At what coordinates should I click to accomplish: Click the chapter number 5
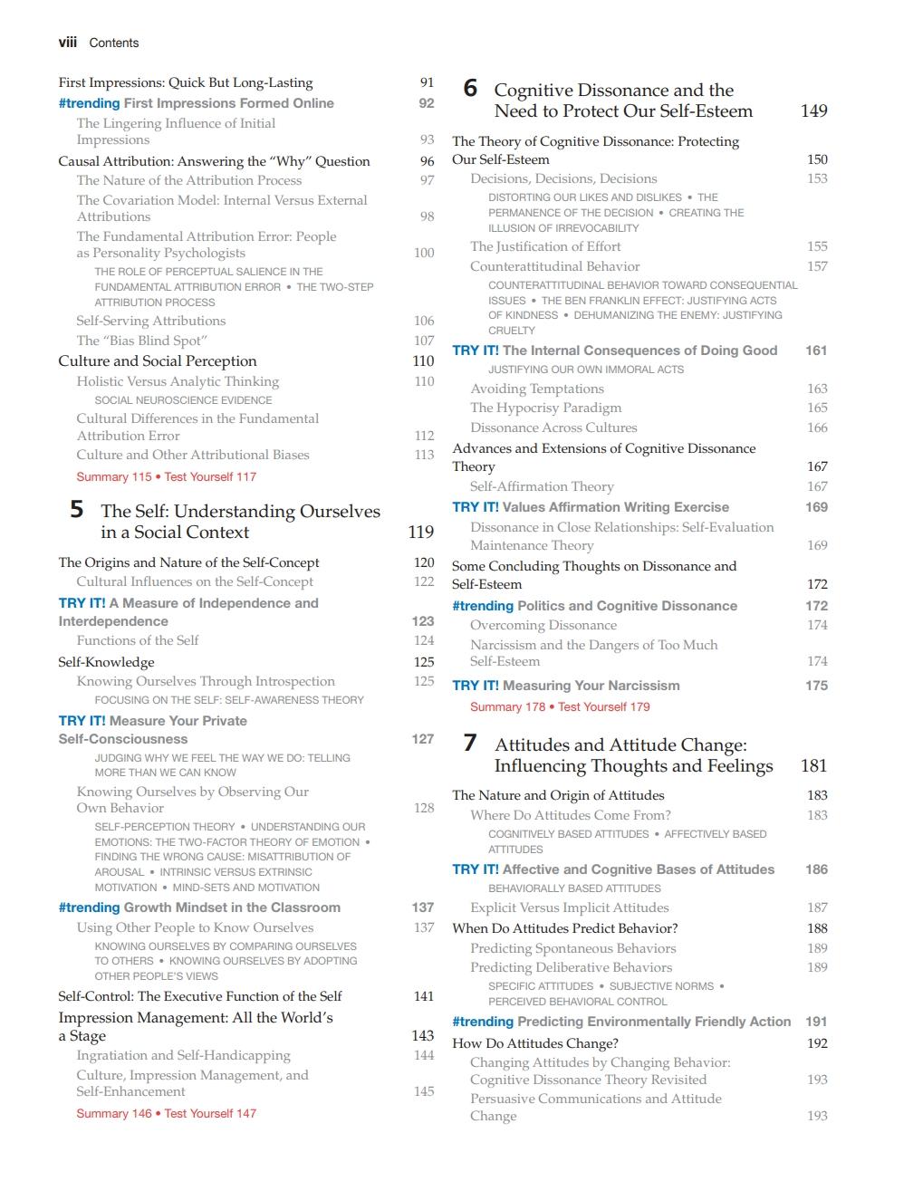pyautogui.click(x=77, y=510)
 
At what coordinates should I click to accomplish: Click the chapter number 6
pyautogui.click(x=469, y=89)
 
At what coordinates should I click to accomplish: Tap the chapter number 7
pyautogui.click(x=469, y=744)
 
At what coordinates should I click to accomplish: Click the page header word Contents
pyautogui.click(x=114, y=43)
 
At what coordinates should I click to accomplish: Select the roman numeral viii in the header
pyautogui.click(x=68, y=43)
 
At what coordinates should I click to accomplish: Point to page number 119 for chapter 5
pyautogui.click(x=420, y=532)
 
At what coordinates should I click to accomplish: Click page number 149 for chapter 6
pyautogui.click(x=813, y=110)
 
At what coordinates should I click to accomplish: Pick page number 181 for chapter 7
pyautogui.click(x=813, y=766)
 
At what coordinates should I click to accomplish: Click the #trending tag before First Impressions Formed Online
pyautogui.click(x=89, y=103)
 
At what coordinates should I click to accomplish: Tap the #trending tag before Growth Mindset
pyautogui.click(x=89, y=907)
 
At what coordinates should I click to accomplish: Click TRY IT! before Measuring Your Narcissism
pyautogui.click(x=476, y=686)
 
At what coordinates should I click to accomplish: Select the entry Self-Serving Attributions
pyautogui.click(x=151, y=321)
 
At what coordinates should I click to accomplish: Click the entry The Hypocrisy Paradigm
pyautogui.click(x=545, y=408)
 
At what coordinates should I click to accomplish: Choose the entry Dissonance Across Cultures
pyautogui.click(x=553, y=427)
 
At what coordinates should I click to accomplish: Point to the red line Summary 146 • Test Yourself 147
pyautogui.click(x=166, y=1113)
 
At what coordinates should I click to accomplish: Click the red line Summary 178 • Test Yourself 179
pyautogui.click(x=560, y=706)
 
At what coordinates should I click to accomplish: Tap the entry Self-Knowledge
pyautogui.click(x=106, y=662)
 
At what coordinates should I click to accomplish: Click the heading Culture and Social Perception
pyautogui.click(x=158, y=360)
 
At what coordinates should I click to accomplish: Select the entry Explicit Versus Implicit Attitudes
pyautogui.click(x=569, y=907)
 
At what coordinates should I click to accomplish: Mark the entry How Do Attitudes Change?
pyautogui.click(x=535, y=1043)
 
